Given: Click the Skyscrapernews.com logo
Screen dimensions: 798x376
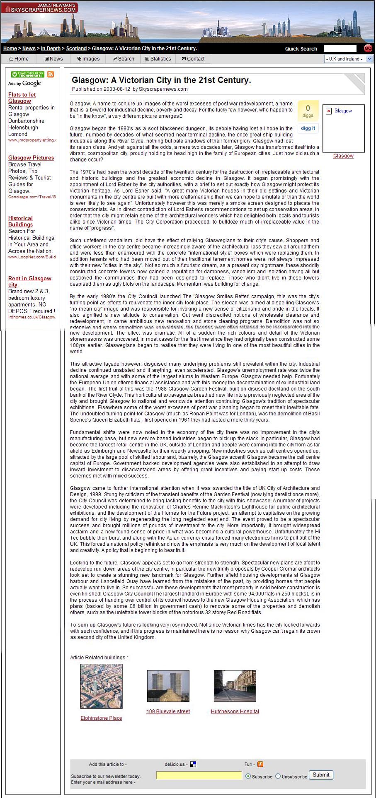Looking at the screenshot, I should pos(40,7).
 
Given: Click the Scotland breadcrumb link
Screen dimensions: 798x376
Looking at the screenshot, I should pos(76,48).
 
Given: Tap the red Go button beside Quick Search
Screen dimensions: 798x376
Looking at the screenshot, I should pos(368,48).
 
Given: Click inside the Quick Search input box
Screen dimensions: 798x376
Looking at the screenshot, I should pos(340,48).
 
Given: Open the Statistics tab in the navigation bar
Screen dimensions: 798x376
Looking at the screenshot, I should pos(158,59).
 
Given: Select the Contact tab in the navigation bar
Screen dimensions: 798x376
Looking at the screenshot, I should pos(193,59).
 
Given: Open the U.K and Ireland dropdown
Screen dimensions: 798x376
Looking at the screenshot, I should pos(349,59).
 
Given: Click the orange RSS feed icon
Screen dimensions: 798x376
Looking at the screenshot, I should pos(51,75).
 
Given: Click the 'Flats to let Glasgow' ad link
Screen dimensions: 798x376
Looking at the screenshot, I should pos(22,98).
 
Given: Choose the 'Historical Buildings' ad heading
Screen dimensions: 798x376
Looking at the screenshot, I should pos(20,221).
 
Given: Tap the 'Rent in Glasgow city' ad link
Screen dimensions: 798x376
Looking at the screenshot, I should pos(29,282).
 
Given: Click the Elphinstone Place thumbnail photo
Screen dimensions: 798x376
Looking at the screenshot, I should pos(101,686).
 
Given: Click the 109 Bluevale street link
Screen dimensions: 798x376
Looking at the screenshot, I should pos(168,711).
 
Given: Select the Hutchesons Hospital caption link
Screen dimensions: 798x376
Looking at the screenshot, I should pos(235,711).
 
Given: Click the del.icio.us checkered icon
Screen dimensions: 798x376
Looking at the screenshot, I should pos(193,764).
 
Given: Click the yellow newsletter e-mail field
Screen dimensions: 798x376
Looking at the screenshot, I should pos(199,776).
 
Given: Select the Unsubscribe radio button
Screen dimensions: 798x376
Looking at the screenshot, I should pos(278,776).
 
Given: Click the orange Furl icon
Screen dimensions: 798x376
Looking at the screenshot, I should pos(260,764).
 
